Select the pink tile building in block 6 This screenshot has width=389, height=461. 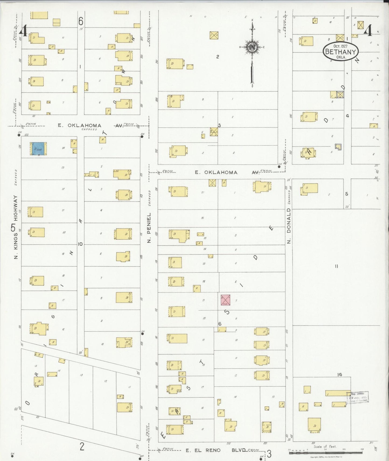[225, 300]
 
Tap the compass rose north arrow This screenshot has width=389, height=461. [252, 47]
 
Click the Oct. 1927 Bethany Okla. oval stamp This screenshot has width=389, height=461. [341, 51]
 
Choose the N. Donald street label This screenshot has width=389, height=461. [289, 226]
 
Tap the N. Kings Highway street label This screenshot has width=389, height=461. [16, 227]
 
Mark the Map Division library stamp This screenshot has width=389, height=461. [358, 397]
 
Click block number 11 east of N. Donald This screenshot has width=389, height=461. [336, 266]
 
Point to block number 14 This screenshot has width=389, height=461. [339, 374]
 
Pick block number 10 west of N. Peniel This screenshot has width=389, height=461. [80, 244]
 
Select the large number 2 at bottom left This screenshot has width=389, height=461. [82, 446]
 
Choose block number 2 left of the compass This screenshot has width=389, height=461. [218, 56]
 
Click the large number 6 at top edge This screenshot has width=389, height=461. [81, 21]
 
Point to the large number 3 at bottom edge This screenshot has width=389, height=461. [269, 454]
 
